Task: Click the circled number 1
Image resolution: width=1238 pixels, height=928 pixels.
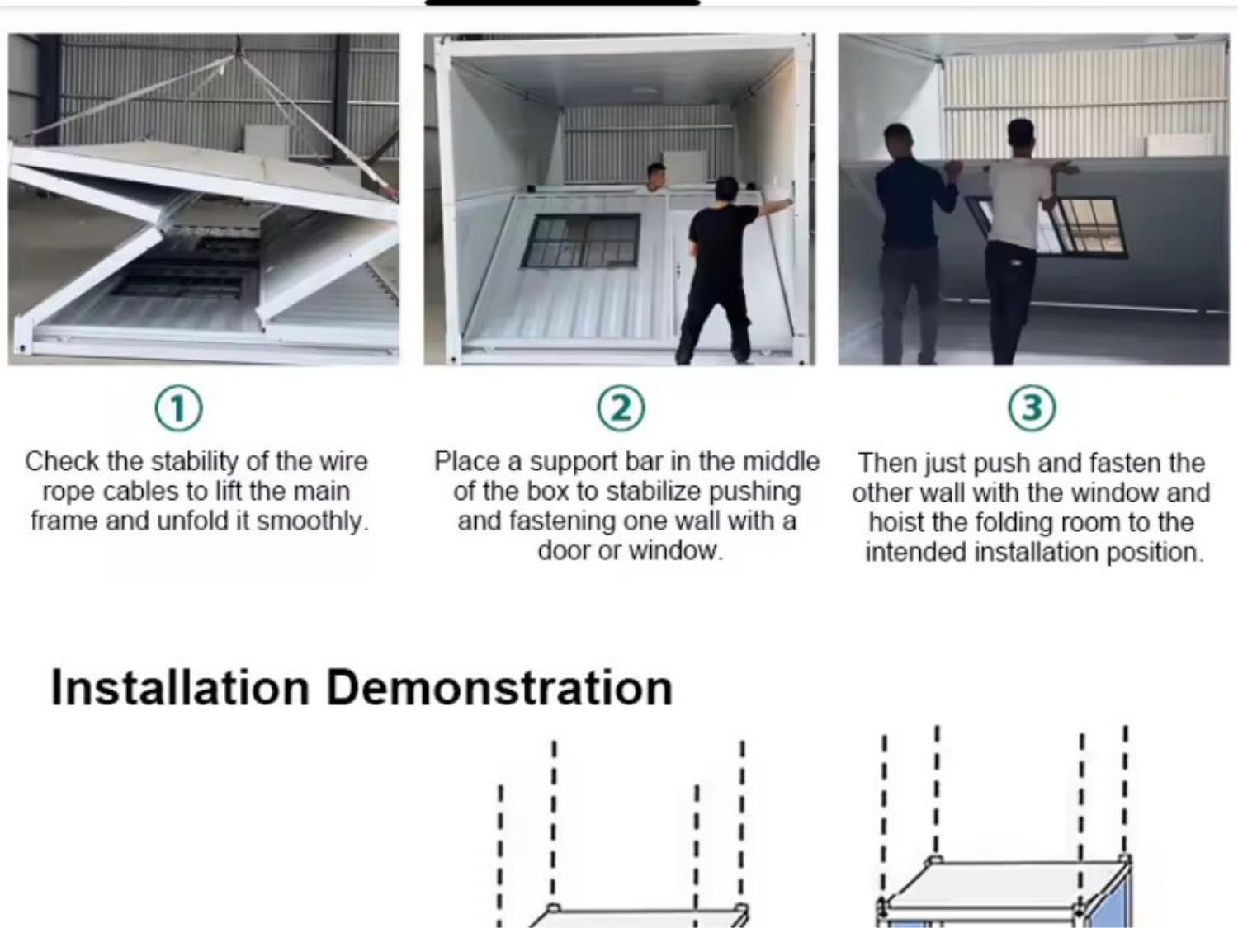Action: point(178,408)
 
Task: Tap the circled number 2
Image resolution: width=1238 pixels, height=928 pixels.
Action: point(621,408)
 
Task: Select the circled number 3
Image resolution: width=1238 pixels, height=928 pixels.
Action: point(1032,408)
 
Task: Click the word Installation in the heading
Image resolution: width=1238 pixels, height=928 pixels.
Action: point(181,688)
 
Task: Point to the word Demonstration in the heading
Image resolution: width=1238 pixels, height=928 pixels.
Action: point(499,688)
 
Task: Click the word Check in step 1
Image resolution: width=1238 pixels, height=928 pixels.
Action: point(62,461)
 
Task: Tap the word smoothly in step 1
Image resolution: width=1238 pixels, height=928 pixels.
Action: point(313,521)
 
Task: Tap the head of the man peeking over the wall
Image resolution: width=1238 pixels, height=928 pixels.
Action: point(656,177)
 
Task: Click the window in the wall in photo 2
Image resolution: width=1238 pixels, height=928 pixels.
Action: point(580,241)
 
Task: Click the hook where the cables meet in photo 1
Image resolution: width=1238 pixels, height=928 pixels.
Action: point(239,50)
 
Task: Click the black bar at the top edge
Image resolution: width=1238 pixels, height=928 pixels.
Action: point(563,2)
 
